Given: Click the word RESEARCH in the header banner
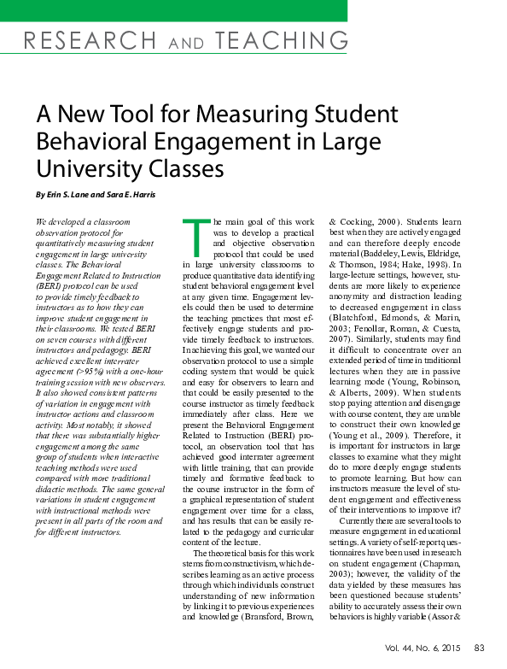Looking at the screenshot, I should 81,39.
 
